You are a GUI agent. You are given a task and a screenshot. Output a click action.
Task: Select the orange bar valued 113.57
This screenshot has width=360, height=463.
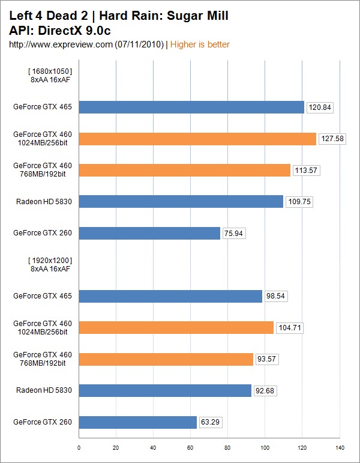tap(184, 170)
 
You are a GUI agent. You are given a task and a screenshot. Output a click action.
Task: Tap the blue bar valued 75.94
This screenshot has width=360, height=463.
tap(149, 233)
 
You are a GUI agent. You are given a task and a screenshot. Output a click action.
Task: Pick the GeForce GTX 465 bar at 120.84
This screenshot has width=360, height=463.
tap(191, 107)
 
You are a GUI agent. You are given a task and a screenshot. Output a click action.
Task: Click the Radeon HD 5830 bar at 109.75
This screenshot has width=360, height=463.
tap(181, 202)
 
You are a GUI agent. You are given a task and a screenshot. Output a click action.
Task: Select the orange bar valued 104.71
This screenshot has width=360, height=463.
tap(176, 327)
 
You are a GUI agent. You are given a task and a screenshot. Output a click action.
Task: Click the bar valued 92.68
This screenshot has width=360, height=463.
tap(165, 390)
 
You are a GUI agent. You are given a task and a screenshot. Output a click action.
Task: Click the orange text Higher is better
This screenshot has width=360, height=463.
tap(200, 44)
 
